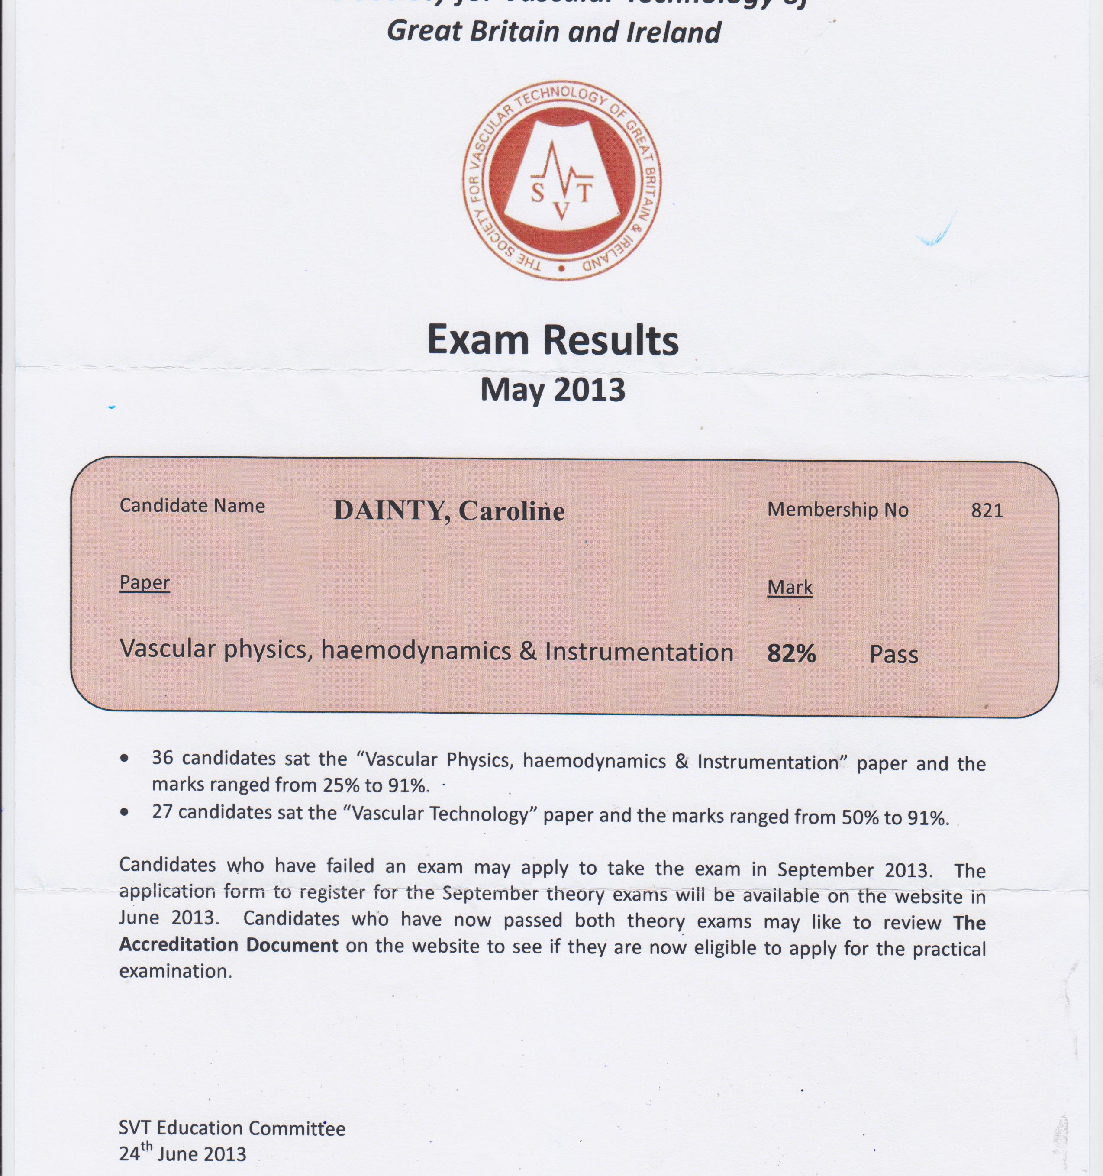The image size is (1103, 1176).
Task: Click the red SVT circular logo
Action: pos(561,181)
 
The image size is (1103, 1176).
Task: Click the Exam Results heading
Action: pos(552,341)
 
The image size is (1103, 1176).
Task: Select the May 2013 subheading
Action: pos(552,391)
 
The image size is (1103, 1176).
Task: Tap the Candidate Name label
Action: pos(192,506)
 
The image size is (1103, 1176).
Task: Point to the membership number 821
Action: pos(987,510)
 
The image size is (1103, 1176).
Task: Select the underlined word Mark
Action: pos(790,588)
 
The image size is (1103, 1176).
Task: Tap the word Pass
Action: pos(893,654)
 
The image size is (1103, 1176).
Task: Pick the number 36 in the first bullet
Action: pos(164,758)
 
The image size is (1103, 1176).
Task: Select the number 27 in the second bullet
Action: pos(162,811)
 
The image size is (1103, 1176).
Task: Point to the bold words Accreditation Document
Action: pos(228,945)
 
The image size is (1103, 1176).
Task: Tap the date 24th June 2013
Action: pos(182,1153)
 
